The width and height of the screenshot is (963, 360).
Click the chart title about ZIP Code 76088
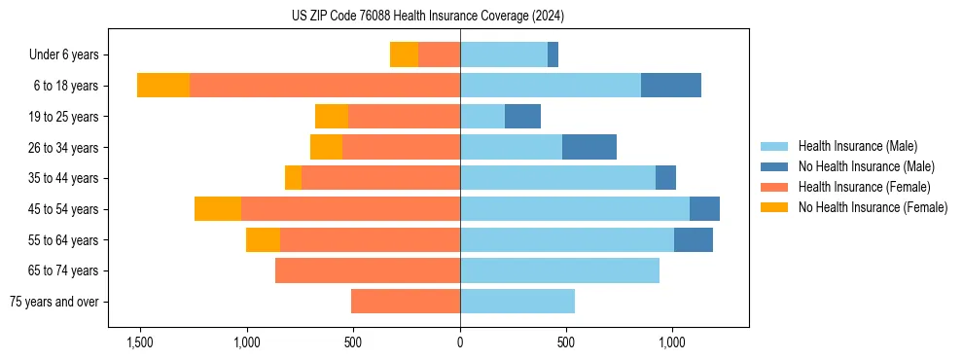point(428,17)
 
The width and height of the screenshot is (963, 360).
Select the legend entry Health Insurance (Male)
point(857,146)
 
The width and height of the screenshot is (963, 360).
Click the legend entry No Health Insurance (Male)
point(866,166)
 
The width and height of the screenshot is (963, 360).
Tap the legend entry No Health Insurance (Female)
point(873,207)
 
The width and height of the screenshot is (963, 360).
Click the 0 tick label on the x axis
point(460,343)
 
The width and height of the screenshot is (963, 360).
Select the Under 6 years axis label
point(70,55)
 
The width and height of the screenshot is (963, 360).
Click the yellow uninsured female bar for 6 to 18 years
point(163,86)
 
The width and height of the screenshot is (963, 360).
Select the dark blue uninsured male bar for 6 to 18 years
point(671,86)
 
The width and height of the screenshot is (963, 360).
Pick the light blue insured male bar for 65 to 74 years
point(559,270)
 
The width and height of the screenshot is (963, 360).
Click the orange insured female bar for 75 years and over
point(406,302)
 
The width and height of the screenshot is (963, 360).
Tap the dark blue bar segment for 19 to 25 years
point(522,117)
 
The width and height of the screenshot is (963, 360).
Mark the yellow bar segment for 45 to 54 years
point(218,209)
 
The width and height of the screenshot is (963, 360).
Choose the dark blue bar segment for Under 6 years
point(553,55)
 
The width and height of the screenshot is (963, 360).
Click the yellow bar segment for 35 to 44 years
point(293,178)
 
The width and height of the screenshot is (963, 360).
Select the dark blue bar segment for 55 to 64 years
point(694,240)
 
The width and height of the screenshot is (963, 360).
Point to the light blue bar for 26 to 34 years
point(511,148)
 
